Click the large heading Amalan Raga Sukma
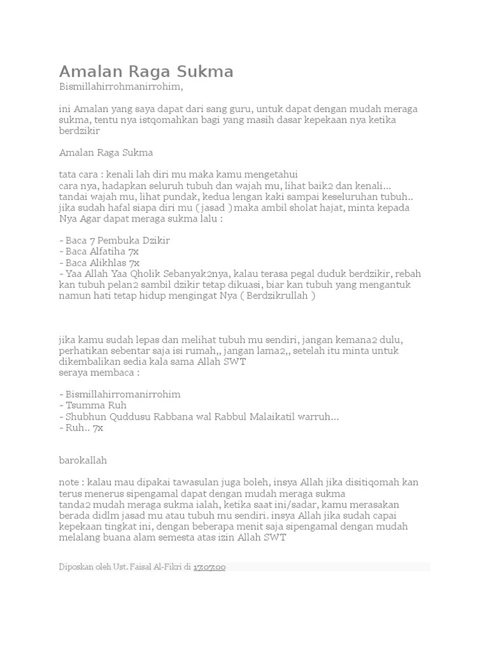(x=146, y=72)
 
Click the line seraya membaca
(x=99, y=372)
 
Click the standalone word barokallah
(x=83, y=460)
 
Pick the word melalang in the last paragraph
(x=79, y=537)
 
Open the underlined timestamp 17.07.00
(x=209, y=567)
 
